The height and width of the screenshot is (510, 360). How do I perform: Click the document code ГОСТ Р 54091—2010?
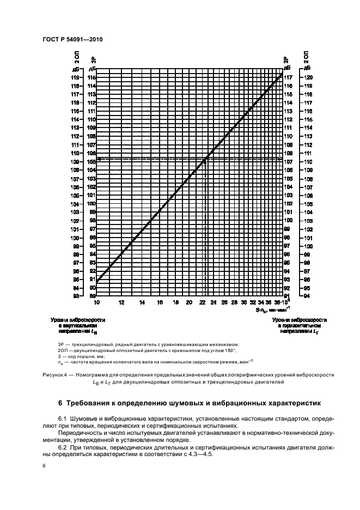[72, 40]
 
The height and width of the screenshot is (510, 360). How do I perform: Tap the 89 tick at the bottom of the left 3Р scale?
[93, 296]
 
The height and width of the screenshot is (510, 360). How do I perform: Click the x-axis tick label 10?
[96, 302]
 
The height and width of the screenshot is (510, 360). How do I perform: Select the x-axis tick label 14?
[142, 302]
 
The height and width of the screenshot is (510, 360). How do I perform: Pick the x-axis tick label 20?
[189, 302]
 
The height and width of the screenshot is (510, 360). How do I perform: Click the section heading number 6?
[61, 404]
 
